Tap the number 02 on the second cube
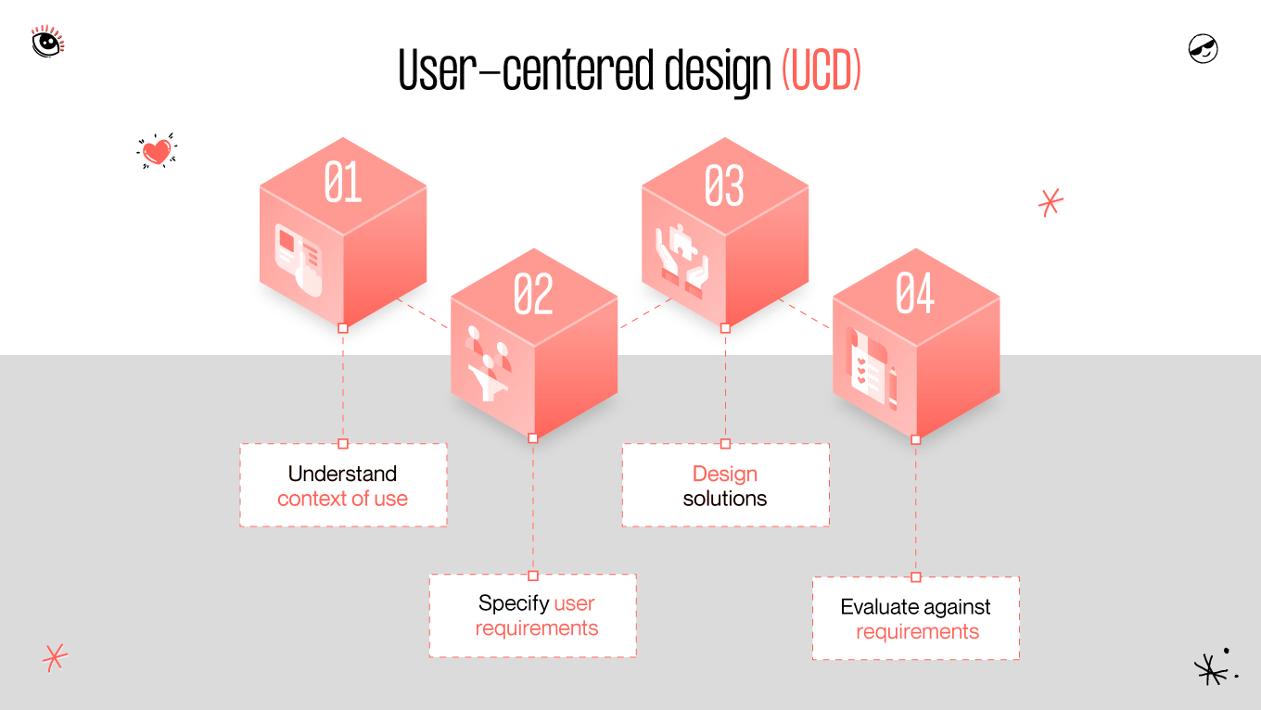coord(533,294)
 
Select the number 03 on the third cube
coord(724,186)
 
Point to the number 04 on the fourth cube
coord(914,294)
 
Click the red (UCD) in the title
coord(822,70)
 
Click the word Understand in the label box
coord(342,474)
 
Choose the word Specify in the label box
coord(513,603)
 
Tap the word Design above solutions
coord(724,474)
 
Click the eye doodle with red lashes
coord(47,42)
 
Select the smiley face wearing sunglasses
coord(1203,48)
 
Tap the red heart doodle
coord(157,151)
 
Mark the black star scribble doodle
coord(1211,668)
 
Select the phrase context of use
coord(342,499)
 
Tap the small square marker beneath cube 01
coord(343,328)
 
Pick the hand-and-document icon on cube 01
coord(299,260)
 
